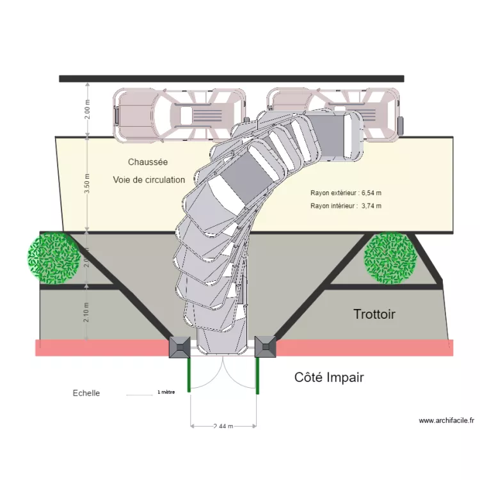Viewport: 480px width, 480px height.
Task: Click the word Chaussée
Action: [x=147, y=163]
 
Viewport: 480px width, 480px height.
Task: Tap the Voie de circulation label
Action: [x=149, y=180]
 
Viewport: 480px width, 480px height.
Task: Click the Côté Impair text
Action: [x=329, y=378]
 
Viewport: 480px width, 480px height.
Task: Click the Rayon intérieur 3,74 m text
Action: [x=346, y=206]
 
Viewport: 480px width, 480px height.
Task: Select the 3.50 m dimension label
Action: [x=88, y=184]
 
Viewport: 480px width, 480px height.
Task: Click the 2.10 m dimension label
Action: [x=88, y=312]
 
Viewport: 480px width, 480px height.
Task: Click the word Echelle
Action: [x=86, y=393]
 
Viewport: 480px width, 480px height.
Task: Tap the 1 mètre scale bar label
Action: [x=166, y=392]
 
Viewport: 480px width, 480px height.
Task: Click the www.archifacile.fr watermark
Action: [x=446, y=420]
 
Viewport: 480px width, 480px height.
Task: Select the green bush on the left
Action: [x=53, y=259]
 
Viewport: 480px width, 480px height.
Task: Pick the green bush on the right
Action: [x=390, y=258]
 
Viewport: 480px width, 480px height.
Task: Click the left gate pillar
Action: [x=179, y=347]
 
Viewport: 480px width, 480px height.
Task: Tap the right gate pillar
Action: [x=265, y=347]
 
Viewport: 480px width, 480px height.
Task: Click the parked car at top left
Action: [x=179, y=115]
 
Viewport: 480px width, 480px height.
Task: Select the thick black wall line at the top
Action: [x=231, y=79]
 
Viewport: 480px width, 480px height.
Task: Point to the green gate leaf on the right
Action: [x=257, y=374]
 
